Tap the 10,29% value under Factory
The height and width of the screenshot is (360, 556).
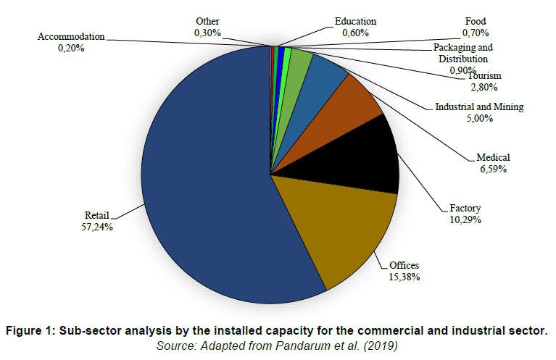[465, 219]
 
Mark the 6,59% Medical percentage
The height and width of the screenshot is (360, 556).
[492, 169]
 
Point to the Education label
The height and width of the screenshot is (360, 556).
[355, 22]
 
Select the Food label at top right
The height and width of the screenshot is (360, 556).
[475, 22]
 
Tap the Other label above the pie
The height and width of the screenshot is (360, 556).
[207, 22]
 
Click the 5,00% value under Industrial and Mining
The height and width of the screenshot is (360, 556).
[479, 118]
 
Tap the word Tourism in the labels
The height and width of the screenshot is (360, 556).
[484, 76]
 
